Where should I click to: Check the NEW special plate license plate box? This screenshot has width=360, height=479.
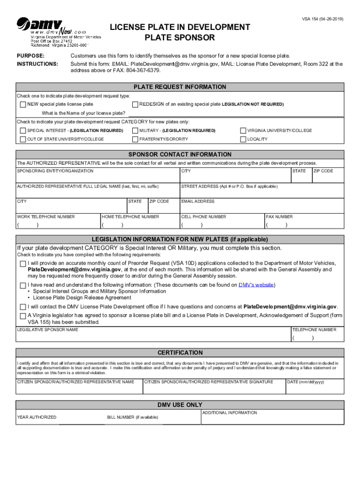pos(22,104)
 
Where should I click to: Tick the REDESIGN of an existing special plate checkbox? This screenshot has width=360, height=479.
pos(136,104)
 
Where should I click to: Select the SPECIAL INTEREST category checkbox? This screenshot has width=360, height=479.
pos(22,131)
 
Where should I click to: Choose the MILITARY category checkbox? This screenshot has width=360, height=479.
pos(136,131)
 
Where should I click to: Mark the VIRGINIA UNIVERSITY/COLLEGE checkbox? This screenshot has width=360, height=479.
pos(243,131)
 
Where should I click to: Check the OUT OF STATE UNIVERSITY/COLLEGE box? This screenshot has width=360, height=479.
pos(22,139)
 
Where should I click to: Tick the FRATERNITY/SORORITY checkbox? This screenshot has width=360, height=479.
pos(136,139)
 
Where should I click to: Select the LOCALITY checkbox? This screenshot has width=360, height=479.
pos(243,139)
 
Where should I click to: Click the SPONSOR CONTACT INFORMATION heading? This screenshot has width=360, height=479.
pos(180,154)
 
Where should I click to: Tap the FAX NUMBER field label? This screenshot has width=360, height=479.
pos(280,217)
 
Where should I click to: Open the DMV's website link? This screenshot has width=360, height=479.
pos(256,285)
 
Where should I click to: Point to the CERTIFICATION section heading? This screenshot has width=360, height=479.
pos(180,353)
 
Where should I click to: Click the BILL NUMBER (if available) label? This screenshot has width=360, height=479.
pos(132,417)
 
